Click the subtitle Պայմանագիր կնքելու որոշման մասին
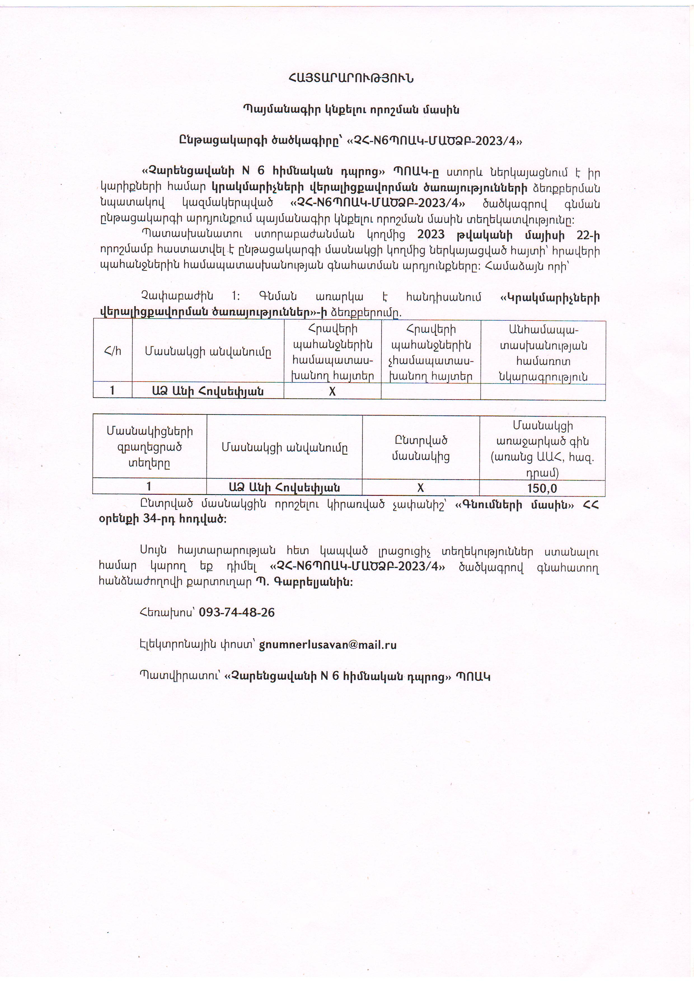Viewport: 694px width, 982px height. tap(351, 110)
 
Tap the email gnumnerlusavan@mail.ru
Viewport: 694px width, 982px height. tap(327, 645)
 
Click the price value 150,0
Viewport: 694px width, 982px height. tap(542, 488)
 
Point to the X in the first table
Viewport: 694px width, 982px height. tap(332, 391)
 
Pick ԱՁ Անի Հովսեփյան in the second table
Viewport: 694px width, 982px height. tap(284, 487)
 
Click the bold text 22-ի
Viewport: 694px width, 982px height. tap(588, 235)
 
